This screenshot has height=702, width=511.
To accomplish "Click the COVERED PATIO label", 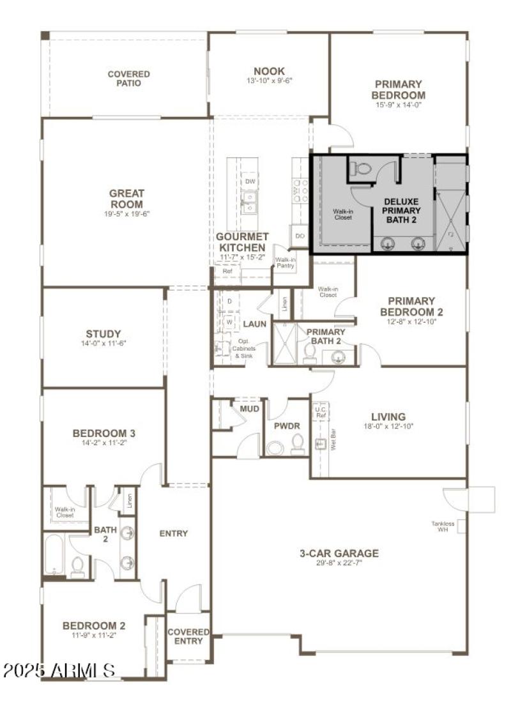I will (128, 79).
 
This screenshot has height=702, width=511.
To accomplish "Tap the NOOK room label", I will (269, 71).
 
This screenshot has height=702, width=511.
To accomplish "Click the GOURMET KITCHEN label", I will (241, 242).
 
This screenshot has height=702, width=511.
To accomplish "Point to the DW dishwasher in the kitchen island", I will (250, 181).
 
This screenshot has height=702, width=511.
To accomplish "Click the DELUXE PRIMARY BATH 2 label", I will (402, 211).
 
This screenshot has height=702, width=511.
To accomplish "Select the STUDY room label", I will (103, 333).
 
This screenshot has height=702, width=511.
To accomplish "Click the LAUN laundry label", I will (254, 324).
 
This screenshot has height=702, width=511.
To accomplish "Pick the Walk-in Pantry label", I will (284, 263).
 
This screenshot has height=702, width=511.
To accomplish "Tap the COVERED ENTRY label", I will (188, 636).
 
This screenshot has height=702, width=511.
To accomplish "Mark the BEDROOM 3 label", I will (103, 434).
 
